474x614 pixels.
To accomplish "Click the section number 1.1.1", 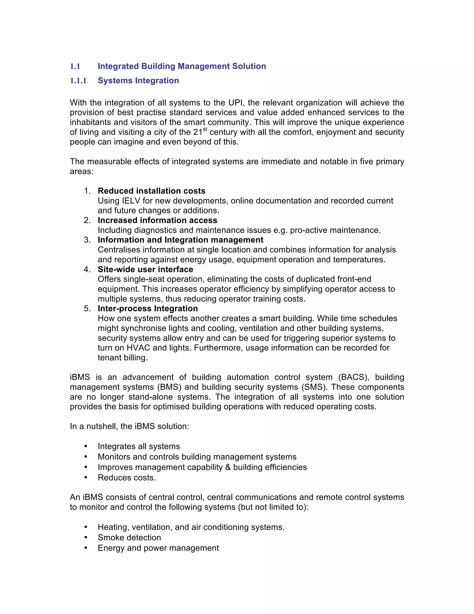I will point(78,81).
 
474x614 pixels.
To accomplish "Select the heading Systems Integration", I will point(138,81).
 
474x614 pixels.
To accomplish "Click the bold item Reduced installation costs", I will point(151,191).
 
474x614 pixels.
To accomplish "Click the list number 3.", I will point(87,240).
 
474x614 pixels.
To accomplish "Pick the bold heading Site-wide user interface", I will point(145,269).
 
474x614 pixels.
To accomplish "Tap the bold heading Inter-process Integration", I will point(148,308).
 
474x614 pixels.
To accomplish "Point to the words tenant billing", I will point(122,358).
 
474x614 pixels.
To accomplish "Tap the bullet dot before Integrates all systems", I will point(86,446).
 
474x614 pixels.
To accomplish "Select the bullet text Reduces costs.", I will point(127,478).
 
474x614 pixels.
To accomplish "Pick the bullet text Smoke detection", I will point(129,538).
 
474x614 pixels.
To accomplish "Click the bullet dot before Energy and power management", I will point(86,548).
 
